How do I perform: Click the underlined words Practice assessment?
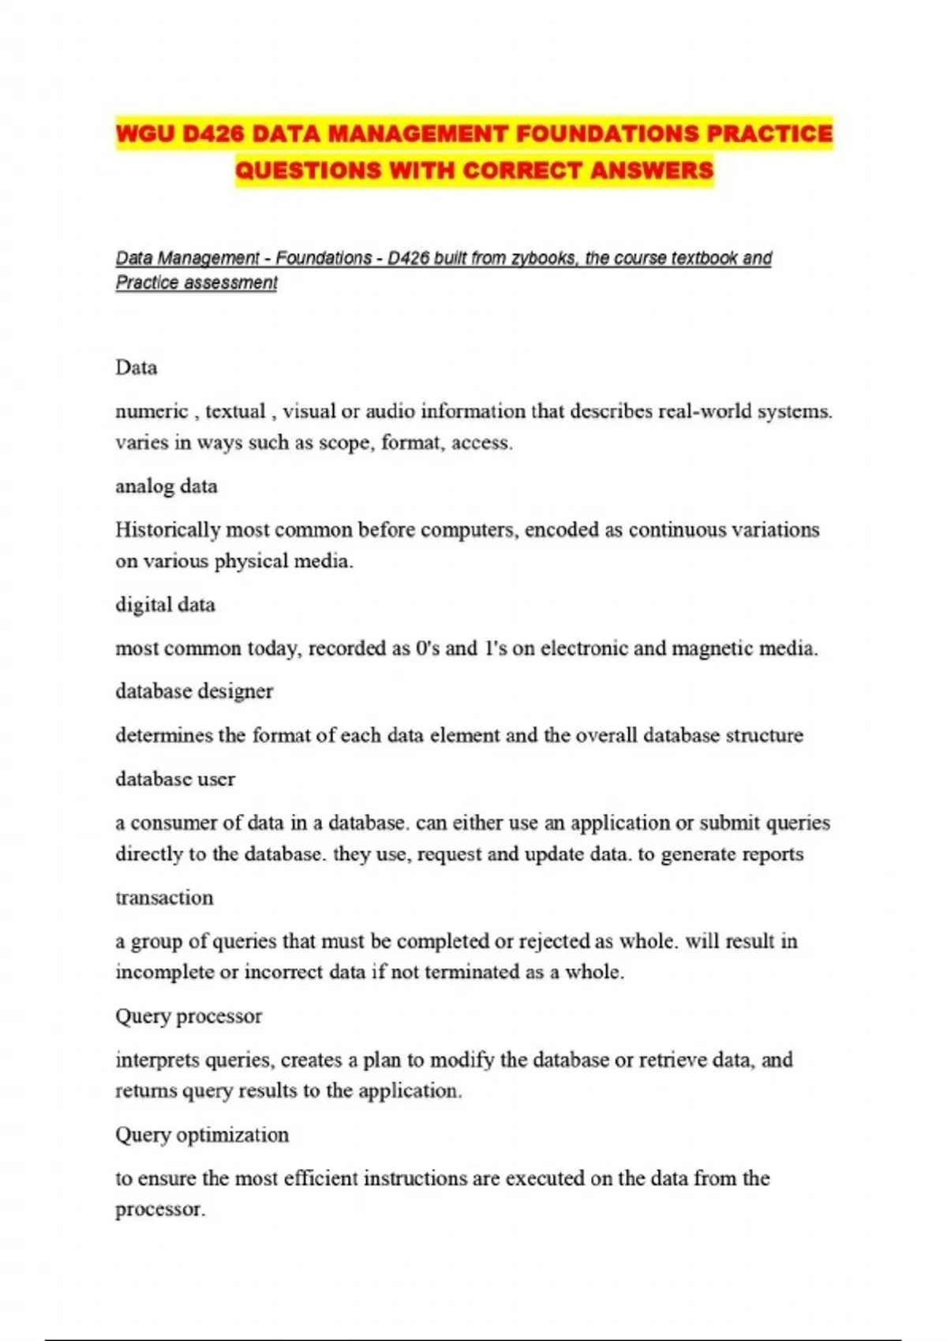(x=197, y=282)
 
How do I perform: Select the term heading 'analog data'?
(x=167, y=486)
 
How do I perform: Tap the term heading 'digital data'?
(x=165, y=605)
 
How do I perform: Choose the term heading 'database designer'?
(x=194, y=691)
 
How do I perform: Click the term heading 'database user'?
(x=175, y=779)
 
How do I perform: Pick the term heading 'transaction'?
(x=164, y=898)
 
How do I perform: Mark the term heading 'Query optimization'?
(x=202, y=1135)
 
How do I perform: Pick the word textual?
(x=234, y=412)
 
